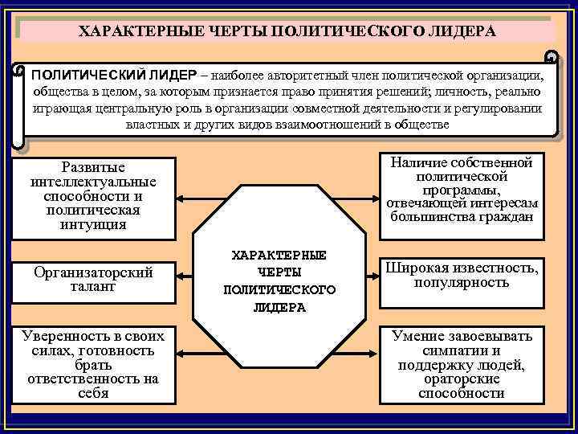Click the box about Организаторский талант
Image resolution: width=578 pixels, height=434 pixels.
pyautogui.click(x=93, y=279)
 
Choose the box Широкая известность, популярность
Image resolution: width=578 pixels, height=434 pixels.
pyautogui.click(x=461, y=275)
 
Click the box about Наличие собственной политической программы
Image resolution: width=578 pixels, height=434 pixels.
pyautogui.click(x=461, y=190)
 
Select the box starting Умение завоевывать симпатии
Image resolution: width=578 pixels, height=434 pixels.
pyautogui.click(x=461, y=364)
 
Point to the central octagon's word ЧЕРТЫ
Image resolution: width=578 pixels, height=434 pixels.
pyautogui.click(x=279, y=272)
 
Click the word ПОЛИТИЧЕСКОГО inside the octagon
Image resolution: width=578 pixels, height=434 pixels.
pyautogui.click(x=279, y=289)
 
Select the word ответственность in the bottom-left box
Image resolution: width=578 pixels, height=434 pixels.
pyautogui.click(x=93, y=379)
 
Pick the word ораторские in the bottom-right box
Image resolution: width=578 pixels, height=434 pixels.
pyautogui.click(x=461, y=379)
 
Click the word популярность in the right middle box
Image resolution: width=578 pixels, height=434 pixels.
pyautogui.click(x=461, y=283)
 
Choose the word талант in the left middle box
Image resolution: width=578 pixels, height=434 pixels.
pyautogui.click(x=93, y=286)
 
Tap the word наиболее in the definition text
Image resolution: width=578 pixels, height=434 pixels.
pyautogui.click(x=242, y=75)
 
